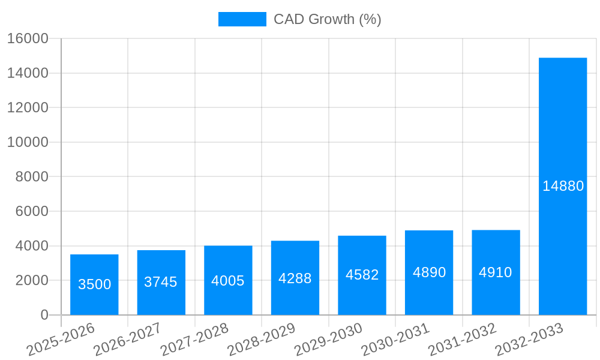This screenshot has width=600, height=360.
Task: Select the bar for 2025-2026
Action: [94, 284]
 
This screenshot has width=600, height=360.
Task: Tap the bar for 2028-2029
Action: [295, 278]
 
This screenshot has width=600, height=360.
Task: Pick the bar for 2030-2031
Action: [429, 272]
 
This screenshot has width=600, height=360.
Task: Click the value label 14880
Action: [563, 186]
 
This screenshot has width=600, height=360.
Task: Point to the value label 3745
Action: [161, 282]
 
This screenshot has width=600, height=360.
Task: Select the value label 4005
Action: [228, 281]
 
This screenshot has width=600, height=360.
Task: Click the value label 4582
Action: [362, 275]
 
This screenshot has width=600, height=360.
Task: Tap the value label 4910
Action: [496, 272]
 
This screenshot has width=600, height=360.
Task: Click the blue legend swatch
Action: [242, 19]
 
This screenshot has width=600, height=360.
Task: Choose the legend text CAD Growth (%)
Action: [327, 19]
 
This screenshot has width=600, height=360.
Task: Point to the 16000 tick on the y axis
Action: [28, 38]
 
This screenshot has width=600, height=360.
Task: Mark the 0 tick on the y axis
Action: [44, 315]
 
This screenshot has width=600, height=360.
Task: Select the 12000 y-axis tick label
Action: [28, 108]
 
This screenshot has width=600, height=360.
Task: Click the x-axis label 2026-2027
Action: [128, 339]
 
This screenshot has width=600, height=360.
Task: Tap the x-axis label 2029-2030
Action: [329, 339]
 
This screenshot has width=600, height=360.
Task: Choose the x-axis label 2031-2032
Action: [463, 339]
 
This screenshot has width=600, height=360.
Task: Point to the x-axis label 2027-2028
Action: [195, 339]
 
